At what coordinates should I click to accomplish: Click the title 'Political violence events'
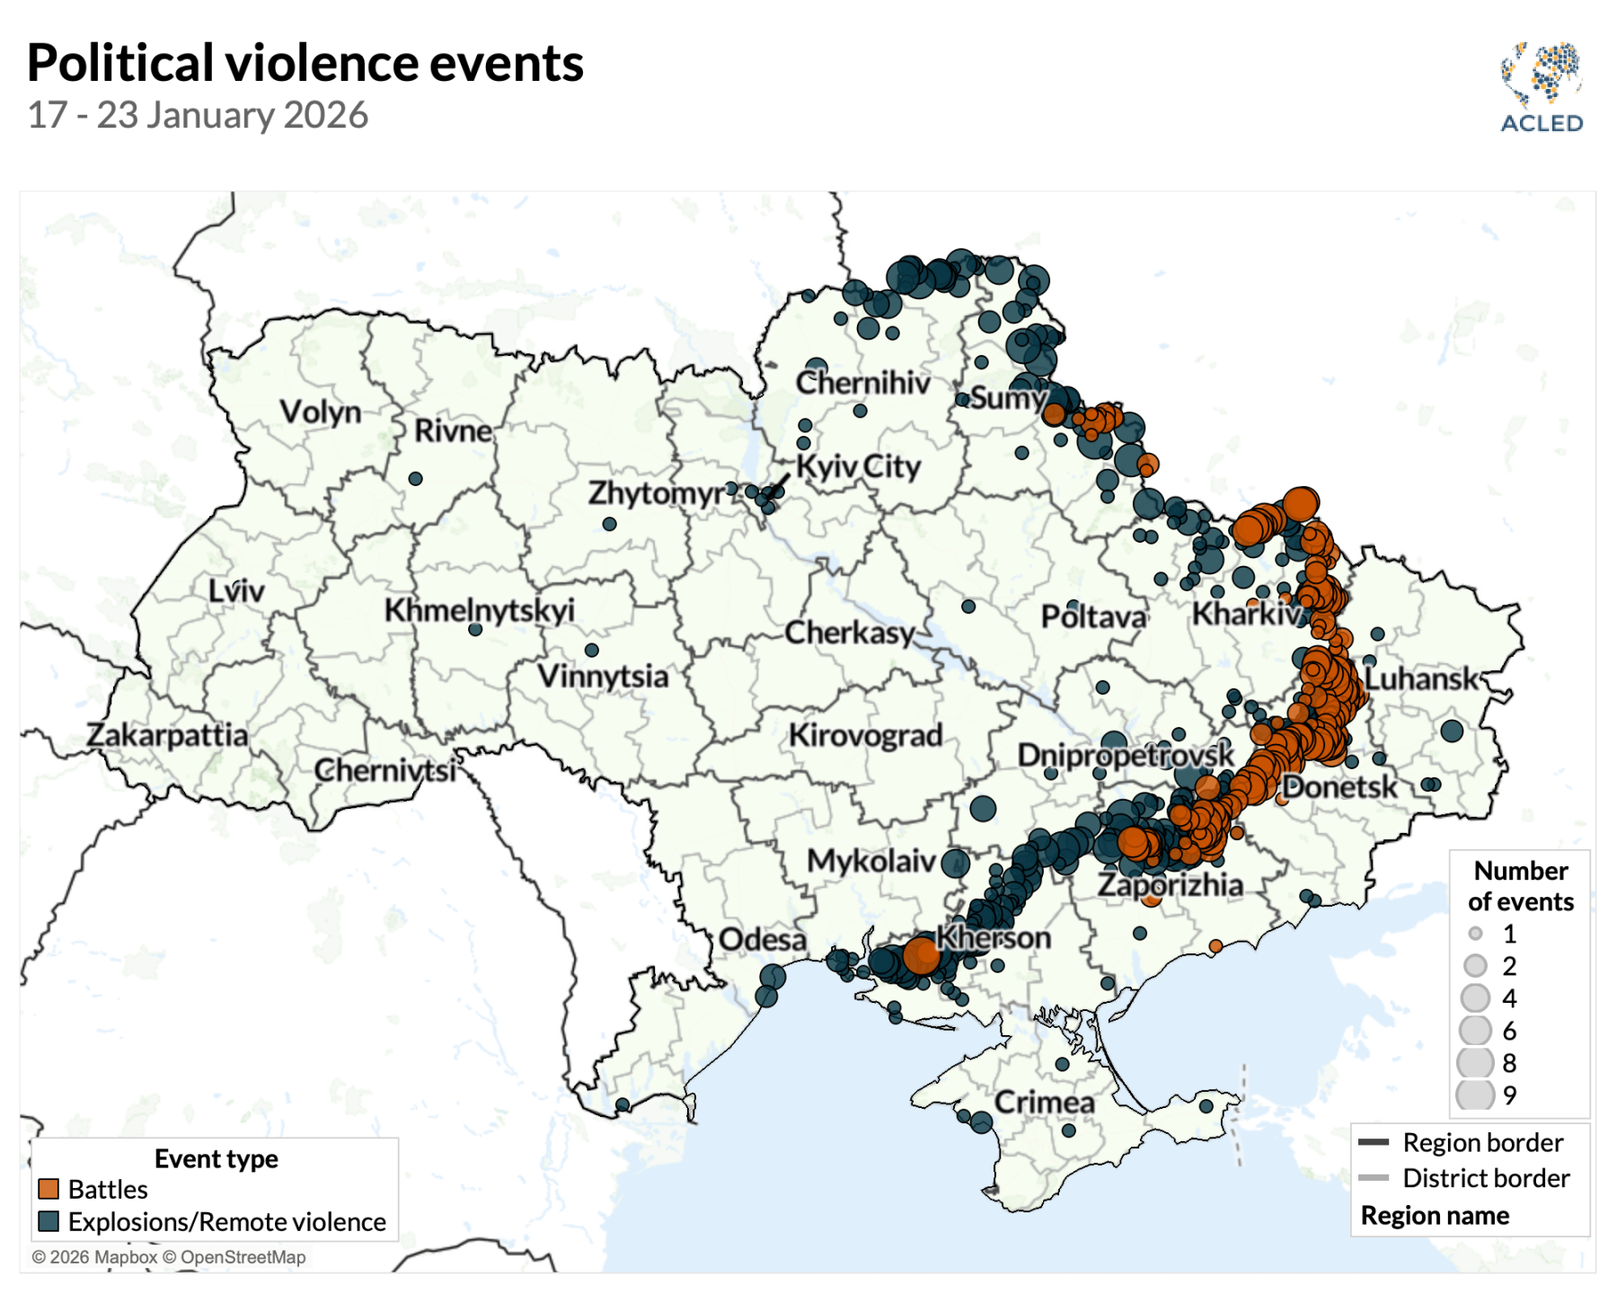[305, 63]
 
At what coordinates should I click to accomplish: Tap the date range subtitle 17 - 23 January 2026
[198, 115]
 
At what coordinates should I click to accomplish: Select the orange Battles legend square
[49, 1189]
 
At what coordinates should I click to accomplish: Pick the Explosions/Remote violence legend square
[49, 1221]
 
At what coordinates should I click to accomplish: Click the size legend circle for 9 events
[1474, 1095]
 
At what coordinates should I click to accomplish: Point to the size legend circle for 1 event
[1474, 934]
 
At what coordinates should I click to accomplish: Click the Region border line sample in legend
[1374, 1143]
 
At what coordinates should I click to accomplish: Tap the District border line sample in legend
[1374, 1178]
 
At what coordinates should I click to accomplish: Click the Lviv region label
[236, 591]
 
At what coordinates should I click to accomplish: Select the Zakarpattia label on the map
[167, 735]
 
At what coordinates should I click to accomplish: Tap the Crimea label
[1044, 1103]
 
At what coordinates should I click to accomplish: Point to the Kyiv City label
[858, 466]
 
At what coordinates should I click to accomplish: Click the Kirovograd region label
[865, 735]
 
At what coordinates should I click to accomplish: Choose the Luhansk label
[1421, 678]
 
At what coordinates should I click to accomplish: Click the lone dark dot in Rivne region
[415, 479]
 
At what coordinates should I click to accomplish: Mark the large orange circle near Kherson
[921, 955]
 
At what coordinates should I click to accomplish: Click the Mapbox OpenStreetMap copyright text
[169, 1257]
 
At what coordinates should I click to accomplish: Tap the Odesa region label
[762, 940]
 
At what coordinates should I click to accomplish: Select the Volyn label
[320, 412]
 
